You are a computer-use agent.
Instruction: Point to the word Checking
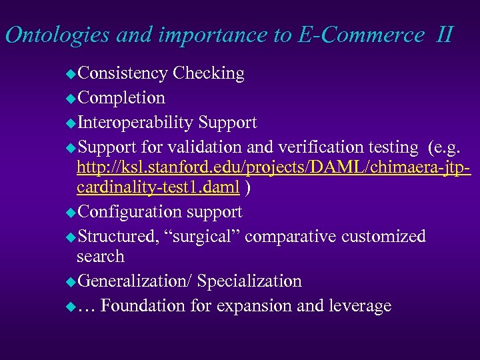[208, 73]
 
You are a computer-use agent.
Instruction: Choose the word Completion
[121, 98]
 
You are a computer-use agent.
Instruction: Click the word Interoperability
[135, 123]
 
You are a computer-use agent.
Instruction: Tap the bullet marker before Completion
[71, 99]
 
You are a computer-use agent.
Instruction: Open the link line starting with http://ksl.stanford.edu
[273, 168]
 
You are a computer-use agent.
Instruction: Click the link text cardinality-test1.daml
[158, 188]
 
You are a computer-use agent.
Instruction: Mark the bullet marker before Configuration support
[71, 213]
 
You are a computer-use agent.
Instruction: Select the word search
[101, 257]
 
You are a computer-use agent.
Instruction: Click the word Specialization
[249, 281]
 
